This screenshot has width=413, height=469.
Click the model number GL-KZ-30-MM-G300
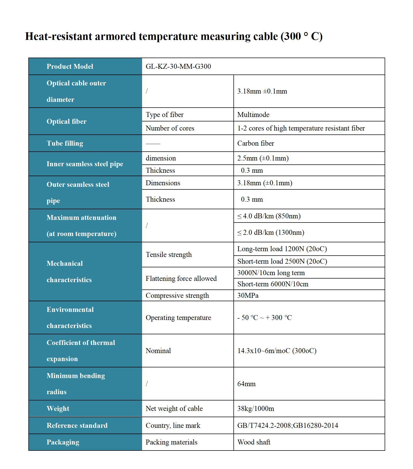[178, 66]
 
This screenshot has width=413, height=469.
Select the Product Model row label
[70, 66]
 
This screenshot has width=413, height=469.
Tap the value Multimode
[253, 115]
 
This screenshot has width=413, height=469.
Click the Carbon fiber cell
[256, 143]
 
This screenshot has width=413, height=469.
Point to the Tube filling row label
[65, 143]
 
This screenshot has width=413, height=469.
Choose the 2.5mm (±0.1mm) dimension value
[263, 158]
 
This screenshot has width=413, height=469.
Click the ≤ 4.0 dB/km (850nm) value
[269, 216]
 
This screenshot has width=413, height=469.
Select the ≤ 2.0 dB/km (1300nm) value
[271, 232]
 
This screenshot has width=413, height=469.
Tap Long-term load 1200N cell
[282, 249]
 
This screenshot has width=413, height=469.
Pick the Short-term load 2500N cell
[282, 261]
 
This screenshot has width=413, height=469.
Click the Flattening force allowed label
[181, 279]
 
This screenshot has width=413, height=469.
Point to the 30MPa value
[248, 295]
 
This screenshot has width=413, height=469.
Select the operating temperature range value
[264, 318]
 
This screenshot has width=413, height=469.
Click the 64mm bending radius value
[246, 384]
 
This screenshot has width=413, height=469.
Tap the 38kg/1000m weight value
[256, 409]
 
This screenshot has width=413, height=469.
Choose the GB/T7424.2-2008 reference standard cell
[288, 425]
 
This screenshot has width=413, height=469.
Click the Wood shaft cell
[254, 442]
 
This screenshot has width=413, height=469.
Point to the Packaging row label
[63, 442]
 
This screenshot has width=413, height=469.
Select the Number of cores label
[170, 128]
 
